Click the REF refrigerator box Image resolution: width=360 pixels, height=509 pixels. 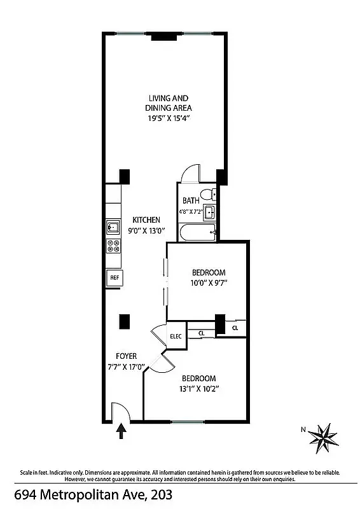click(114, 278)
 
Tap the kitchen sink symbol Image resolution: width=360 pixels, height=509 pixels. click(114, 226)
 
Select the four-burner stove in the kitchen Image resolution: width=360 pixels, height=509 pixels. click(114, 247)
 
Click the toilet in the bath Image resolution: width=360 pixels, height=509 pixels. click(207, 194)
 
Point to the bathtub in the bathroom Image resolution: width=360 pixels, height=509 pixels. click(198, 233)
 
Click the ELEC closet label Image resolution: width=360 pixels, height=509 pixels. click(176, 336)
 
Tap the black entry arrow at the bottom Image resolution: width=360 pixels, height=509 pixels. click(121, 433)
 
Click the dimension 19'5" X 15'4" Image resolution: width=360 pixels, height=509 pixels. click(169, 118)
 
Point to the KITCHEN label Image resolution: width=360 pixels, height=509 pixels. click(146, 220)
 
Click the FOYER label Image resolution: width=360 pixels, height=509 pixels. click(126, 356)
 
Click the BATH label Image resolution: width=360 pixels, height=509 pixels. click(191, 200)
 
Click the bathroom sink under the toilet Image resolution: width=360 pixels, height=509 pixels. click(210, 213)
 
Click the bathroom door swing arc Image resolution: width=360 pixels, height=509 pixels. click(190, 172)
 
